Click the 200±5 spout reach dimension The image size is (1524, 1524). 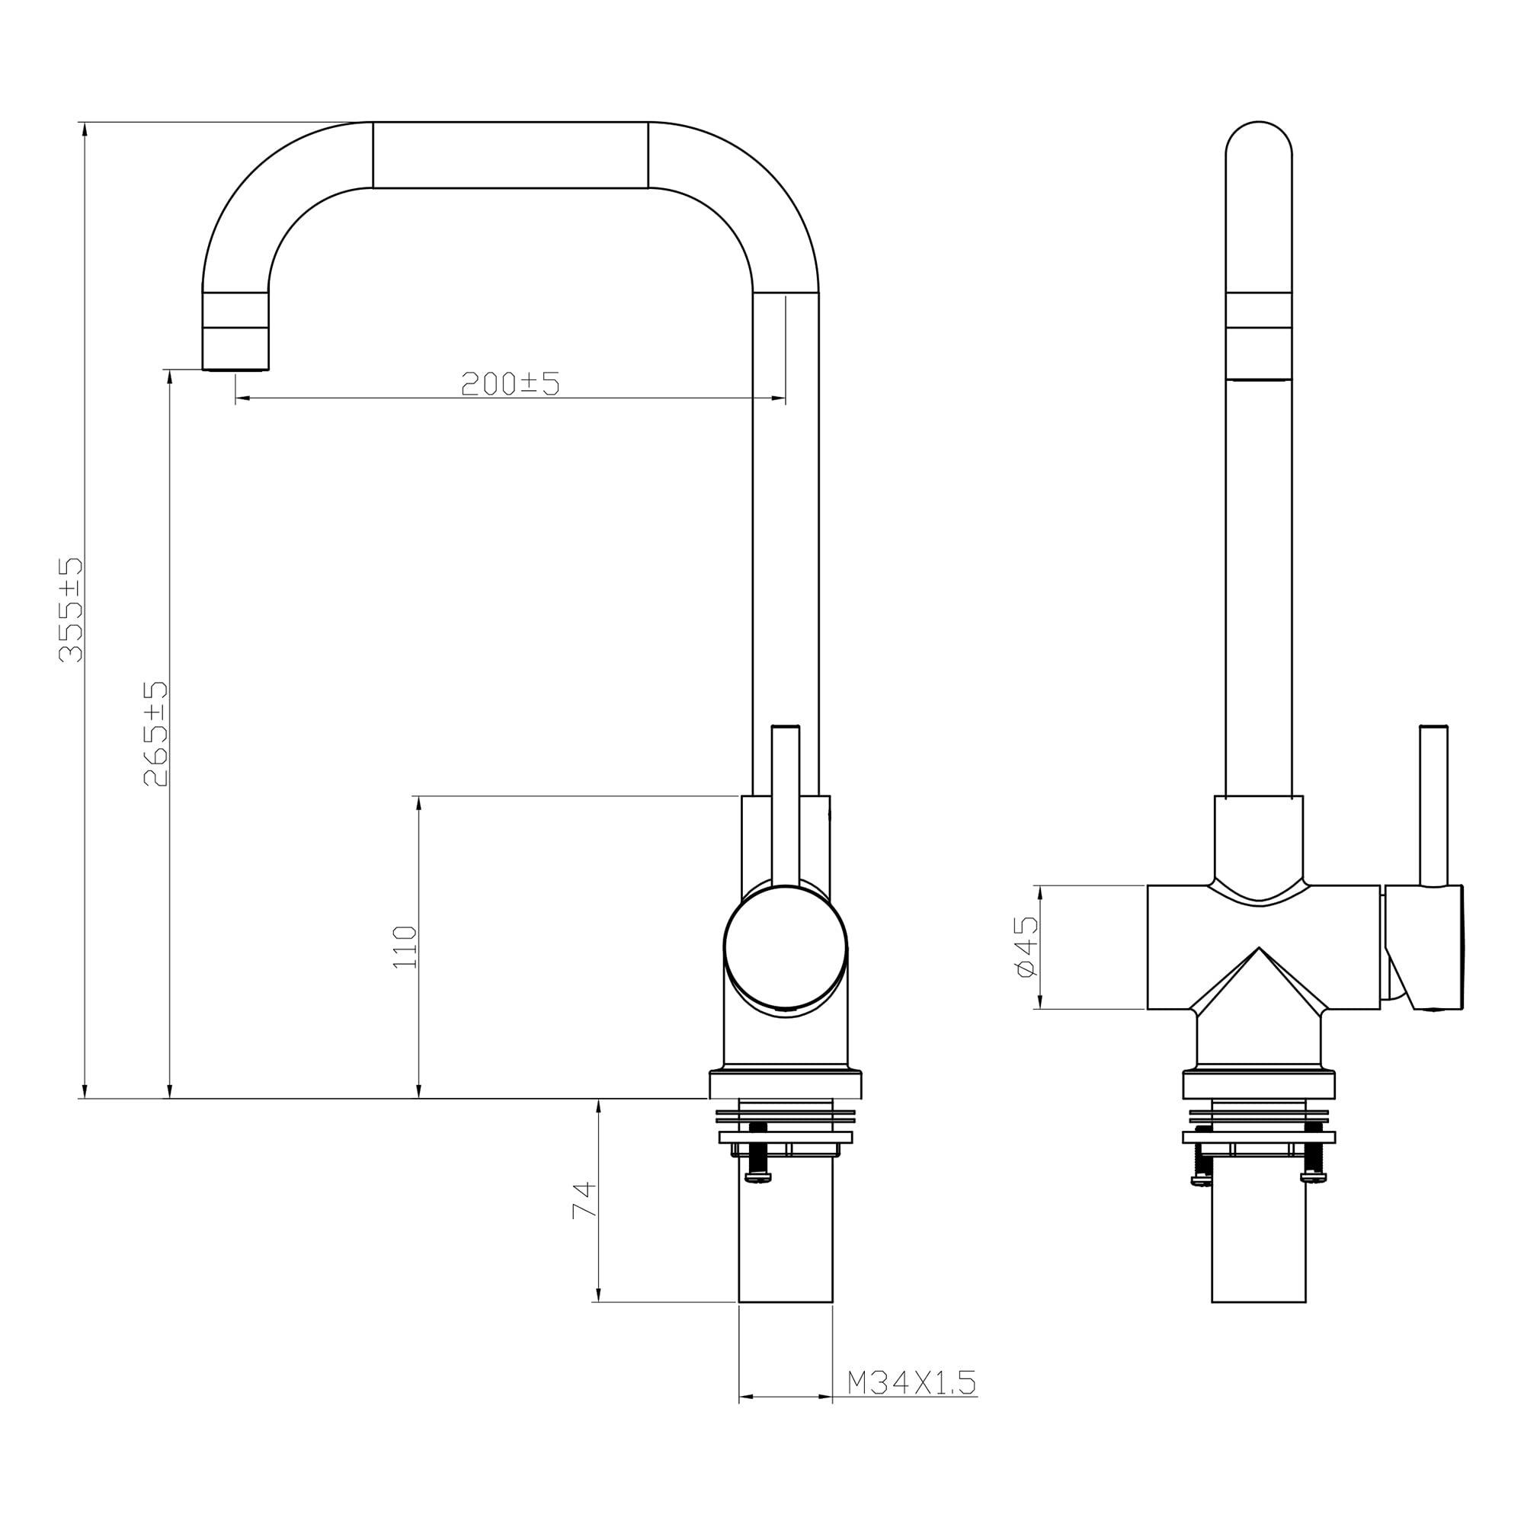[x=511, y=383]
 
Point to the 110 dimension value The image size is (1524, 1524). [x=405, y=947]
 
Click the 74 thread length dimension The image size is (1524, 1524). [x=584, y=1201]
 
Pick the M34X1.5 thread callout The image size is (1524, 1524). [x=912, y=1382]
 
